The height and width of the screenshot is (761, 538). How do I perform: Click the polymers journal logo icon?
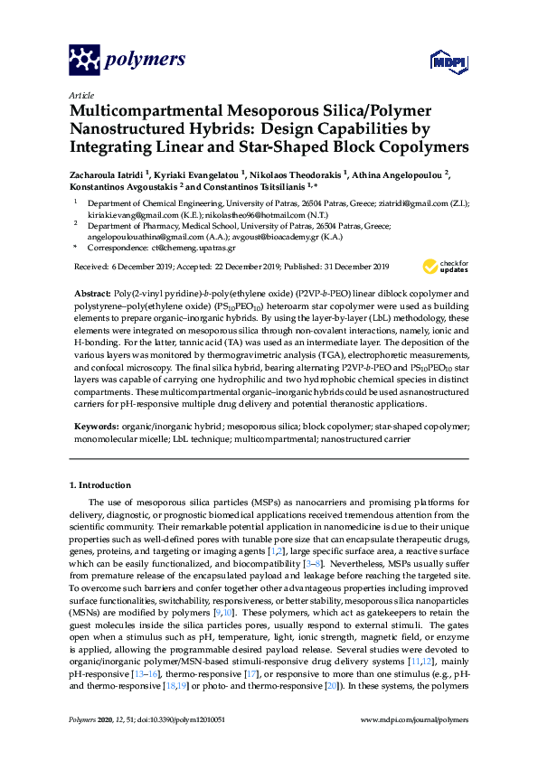pyautogui.click(x=85, y=61)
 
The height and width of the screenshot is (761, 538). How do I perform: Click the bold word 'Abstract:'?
pyautogui.click(x=91, y=295)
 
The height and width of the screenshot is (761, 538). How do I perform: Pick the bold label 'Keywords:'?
pyautogui.click(x=93, y=424)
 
